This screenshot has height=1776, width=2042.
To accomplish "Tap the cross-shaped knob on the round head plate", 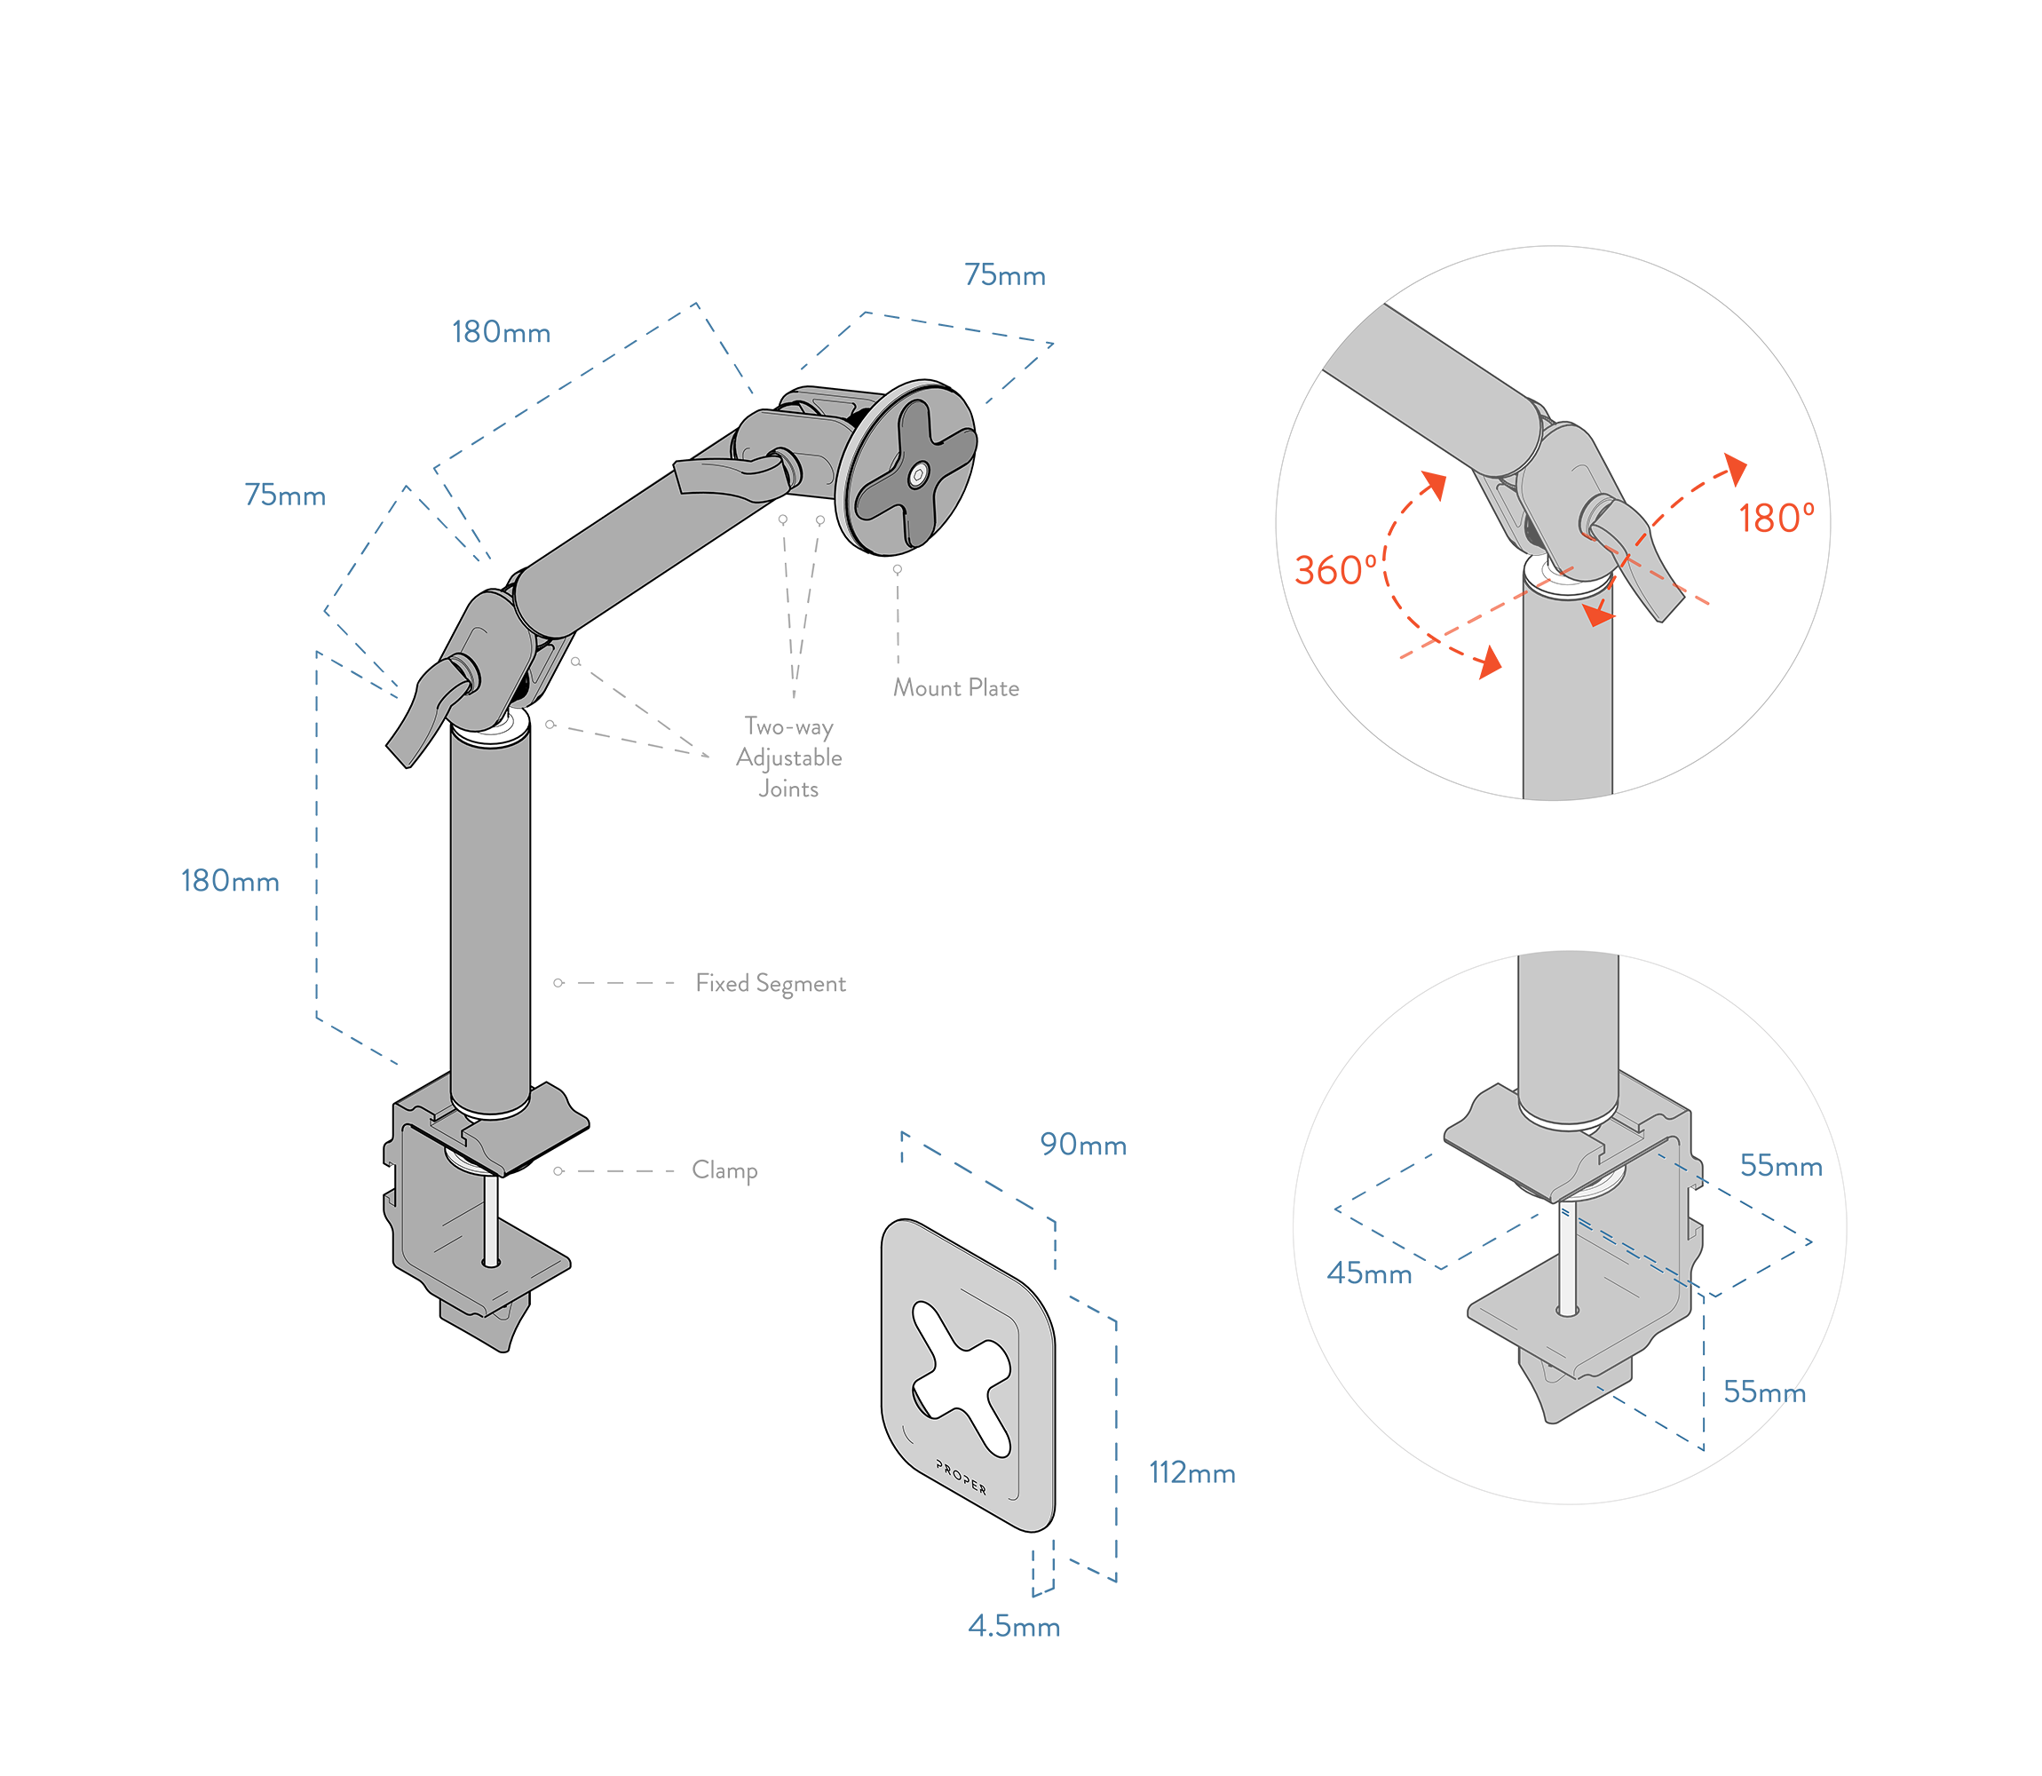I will click(x=891, y=496).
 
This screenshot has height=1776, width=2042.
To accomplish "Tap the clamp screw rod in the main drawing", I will click(x=489, y=1219).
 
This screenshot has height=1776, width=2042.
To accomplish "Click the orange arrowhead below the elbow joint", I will click(x=1597, y=615).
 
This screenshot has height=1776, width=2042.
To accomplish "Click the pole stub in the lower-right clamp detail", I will click(x=1569, y=1031).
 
